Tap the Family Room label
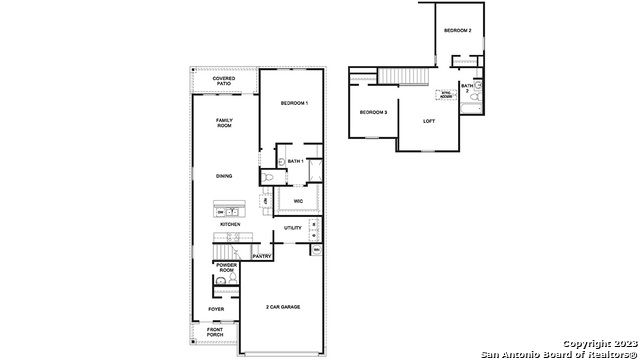tap(224, 123)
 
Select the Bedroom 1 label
tap(294, 104)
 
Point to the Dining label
tap(224, 176)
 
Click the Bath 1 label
tap(295, 160)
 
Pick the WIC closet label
tap(298, 201)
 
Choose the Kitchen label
tap(230, 224)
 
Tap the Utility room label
tap(293, 228)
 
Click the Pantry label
tap(262, 256)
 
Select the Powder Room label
tap(226, 268)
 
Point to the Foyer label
tap(216, 309)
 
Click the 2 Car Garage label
tap(284, 307)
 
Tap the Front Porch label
tap(216, 332)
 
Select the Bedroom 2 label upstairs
tap(458, 31)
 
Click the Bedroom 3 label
tap(373, 111)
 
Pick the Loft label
tap(430, 121)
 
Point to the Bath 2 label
tap(467, 88)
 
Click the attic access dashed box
tap(446, 96)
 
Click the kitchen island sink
tap(231, 211)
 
